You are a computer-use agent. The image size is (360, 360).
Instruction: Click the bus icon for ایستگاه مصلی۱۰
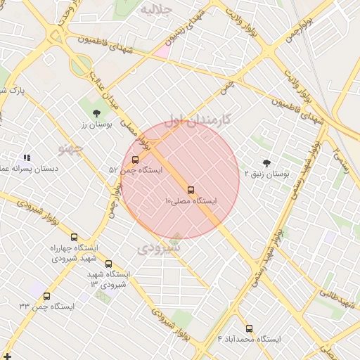coord(191,190)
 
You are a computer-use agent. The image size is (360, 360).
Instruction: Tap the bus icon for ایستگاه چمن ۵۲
coord(136,160)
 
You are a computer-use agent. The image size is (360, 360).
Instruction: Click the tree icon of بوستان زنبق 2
coord(266,163)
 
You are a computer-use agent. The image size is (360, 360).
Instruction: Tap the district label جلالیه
coord(156,10)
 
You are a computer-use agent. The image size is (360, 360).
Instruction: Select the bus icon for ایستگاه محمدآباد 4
coord(249,328)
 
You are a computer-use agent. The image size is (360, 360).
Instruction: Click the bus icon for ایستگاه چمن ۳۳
coord(47,296)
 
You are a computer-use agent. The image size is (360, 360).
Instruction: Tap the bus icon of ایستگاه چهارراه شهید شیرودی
coord(74,238)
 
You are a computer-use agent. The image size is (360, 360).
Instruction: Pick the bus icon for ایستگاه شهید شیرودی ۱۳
coord(108,264)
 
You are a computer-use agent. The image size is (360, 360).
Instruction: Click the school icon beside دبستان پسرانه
coord(27,158)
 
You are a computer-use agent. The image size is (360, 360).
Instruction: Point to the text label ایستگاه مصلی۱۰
coord(191,202)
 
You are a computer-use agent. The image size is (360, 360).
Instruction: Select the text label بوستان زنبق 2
coord(267,173)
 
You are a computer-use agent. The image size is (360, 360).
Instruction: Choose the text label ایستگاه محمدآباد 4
coord(249,339)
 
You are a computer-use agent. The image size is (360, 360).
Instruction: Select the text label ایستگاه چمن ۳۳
coord(47,307)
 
